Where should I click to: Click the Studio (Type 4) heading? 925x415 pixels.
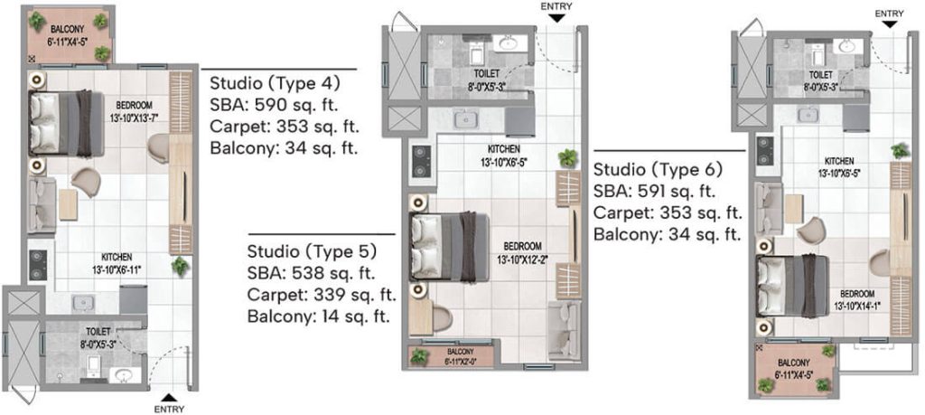275,83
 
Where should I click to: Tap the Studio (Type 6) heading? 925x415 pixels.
658,170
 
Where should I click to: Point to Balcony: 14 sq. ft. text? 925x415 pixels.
319,316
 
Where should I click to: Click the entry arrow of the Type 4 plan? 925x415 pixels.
168,397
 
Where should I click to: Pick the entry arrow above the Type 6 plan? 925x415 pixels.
890,24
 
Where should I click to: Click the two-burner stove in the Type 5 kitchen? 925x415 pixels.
420,162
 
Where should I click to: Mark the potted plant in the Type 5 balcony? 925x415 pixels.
419,356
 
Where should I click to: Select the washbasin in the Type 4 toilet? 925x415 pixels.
125,374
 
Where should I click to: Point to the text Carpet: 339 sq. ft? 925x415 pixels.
322,295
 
